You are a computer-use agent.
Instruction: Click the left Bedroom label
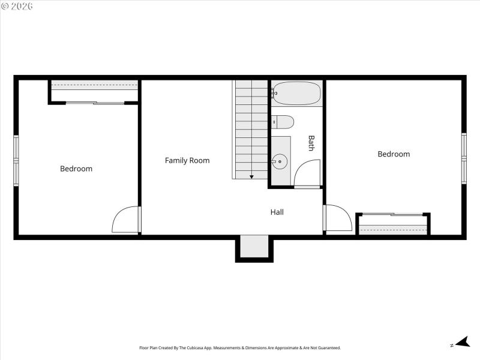(76, 169)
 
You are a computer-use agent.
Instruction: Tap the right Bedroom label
(394, 154)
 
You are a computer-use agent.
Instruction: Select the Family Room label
(187, 160)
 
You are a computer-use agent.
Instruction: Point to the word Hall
(277, 212)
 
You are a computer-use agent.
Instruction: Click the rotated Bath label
(311, 143)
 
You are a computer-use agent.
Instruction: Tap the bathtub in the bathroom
(296, 93)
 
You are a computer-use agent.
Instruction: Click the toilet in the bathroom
(283, 122)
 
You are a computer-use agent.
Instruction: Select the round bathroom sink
(280, 161)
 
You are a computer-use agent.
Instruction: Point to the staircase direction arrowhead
(251, 176)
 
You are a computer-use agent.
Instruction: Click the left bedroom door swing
(126, 220)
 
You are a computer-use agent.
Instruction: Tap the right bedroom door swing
(337, 218)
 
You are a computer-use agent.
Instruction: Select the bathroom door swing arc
(307, 173)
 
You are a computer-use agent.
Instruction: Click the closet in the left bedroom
(94, 91)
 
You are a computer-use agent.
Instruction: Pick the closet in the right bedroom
(393, 224)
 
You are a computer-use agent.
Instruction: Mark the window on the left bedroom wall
(16, 160)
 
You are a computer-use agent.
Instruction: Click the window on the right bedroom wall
(464, 158)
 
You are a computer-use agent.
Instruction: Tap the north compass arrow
(461, 342)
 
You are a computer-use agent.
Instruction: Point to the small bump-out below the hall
(254, 247)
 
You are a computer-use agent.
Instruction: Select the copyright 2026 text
(17, 6)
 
